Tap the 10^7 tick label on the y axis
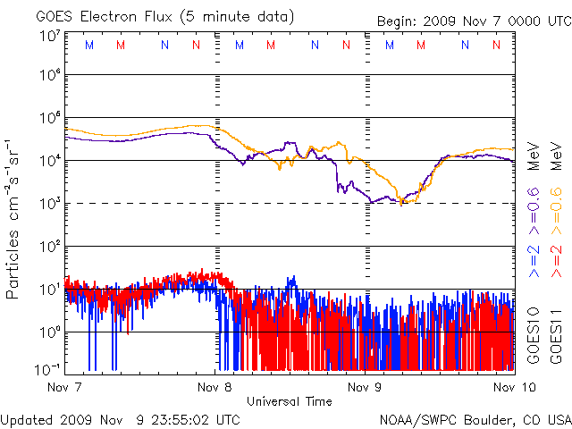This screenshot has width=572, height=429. click(x=49, y=37)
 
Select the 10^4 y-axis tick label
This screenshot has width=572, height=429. click(x=49, y=160)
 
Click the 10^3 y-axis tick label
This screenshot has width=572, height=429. click(x=49, y=203)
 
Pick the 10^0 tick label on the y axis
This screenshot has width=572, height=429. click(x=49, y=332)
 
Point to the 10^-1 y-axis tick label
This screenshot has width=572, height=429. click(x=48, y=369)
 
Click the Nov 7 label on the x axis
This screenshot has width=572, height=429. click(x=64, y=387)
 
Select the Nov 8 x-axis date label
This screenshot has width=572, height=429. click(x=214, y=387)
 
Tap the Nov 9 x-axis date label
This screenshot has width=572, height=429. click(x=365, y=387)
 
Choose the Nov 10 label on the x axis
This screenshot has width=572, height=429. click(x=515, y=387)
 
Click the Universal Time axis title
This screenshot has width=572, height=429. click(x=290, y=401)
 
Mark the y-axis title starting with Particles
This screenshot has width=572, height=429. click(x=13, y=220)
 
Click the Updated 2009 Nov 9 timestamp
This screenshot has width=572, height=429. click(x=120, y=420)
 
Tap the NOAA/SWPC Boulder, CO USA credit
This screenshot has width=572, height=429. click(x=475, y=420)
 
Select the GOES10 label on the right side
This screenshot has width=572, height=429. click(x=534, y=336)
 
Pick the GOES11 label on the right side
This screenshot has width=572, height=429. click(x=556, y=336)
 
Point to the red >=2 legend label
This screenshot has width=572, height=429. click(x=556, y=261)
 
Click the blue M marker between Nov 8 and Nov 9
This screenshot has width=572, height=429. click(x=240, y=45)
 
